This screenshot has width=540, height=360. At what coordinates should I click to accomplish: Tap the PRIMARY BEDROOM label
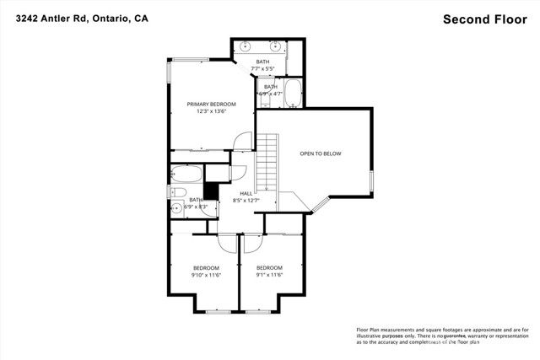211,104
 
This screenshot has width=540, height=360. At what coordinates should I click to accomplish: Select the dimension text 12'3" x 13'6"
211,112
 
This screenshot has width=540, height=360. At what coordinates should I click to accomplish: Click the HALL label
246,193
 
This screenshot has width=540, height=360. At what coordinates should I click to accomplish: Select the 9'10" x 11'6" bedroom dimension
205,276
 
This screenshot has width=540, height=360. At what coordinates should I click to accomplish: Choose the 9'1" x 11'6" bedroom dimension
269,276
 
